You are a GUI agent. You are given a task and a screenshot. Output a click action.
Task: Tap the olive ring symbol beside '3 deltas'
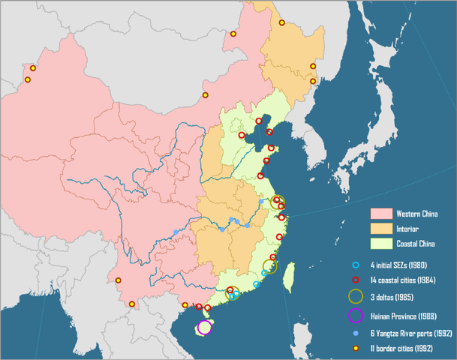pos(356,297)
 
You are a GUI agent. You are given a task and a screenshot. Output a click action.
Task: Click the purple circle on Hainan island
pos(205,327)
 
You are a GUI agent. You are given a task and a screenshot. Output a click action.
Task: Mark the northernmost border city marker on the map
pos(282,22)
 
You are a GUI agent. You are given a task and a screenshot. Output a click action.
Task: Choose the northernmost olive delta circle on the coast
pos(278,201)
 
